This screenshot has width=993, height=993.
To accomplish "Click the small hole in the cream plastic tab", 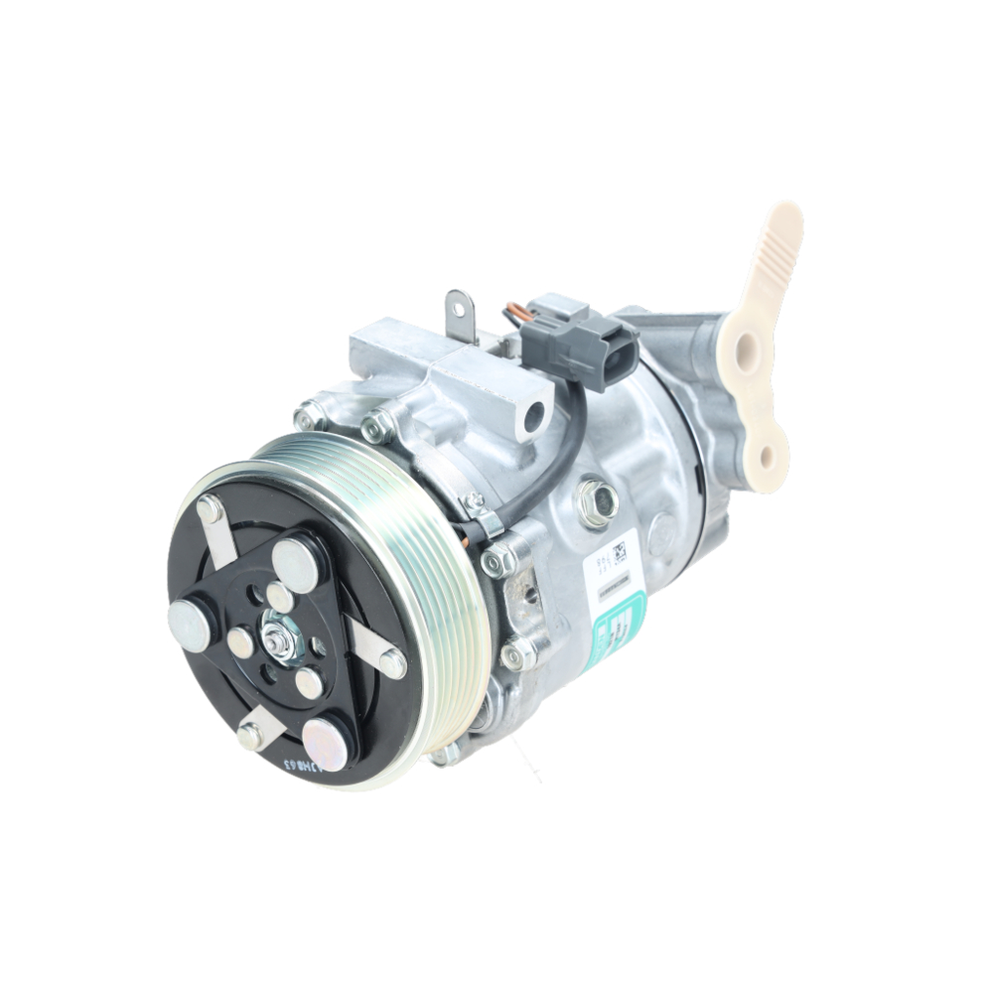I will coord(765,456).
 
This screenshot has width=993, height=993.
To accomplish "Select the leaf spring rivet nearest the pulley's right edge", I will coord(392,662).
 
